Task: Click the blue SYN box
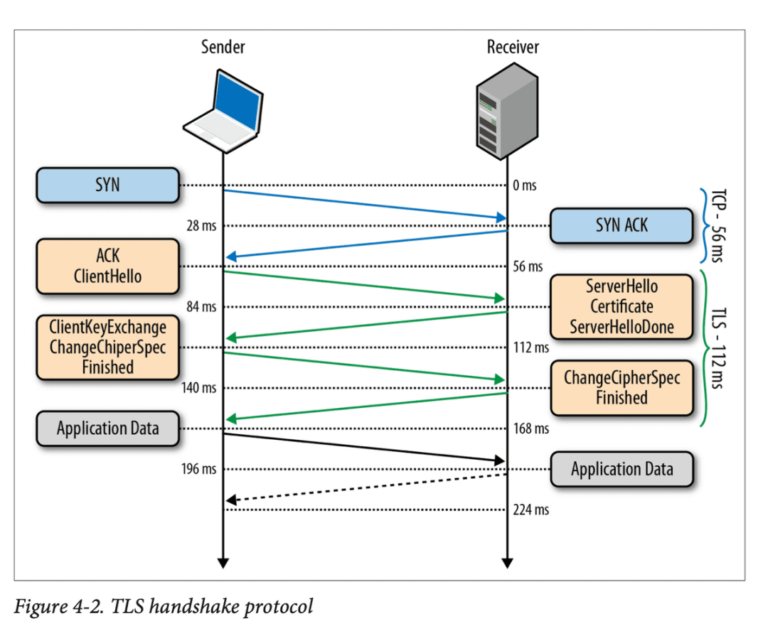click(107, 185)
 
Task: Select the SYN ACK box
click(622, 225)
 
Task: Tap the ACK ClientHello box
click(107, 266)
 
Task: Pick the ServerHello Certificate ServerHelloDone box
click(622, 307)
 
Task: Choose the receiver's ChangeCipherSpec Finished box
click(622, 388)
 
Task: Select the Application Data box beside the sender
click(107, 428)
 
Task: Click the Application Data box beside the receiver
click(622, 469)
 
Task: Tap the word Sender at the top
click(223, 47)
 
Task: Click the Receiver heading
click(513, 47)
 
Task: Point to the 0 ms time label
click(525, 185)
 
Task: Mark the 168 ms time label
click(530, 429)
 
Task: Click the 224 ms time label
click(530, 510)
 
